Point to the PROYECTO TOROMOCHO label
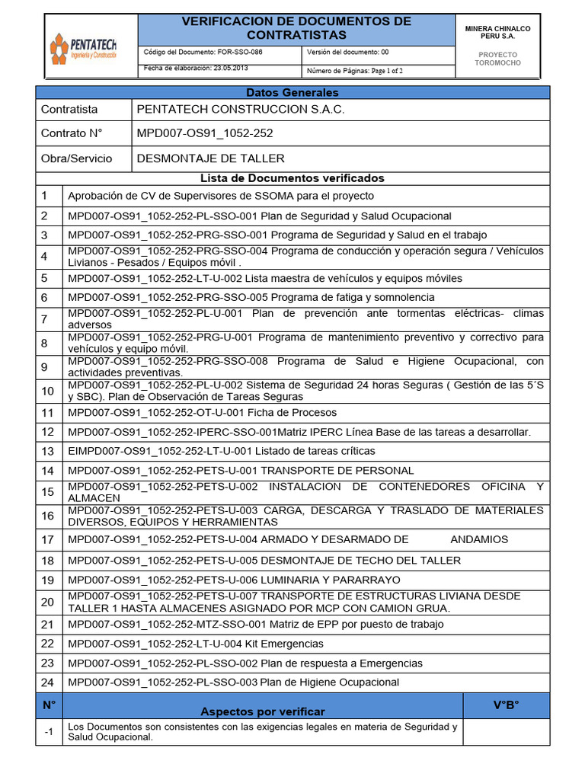point(497,59)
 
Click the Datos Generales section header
point(292,92)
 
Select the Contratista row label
point(69,110)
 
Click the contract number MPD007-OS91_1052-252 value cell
point(205,133)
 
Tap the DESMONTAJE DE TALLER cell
point(210,158)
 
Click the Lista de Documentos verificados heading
point(292,178)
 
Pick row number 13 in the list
point(48,451)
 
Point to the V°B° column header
point(505,705)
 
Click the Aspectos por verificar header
point(262,711)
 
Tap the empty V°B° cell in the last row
point(505,732)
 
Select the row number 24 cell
point(48,682)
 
